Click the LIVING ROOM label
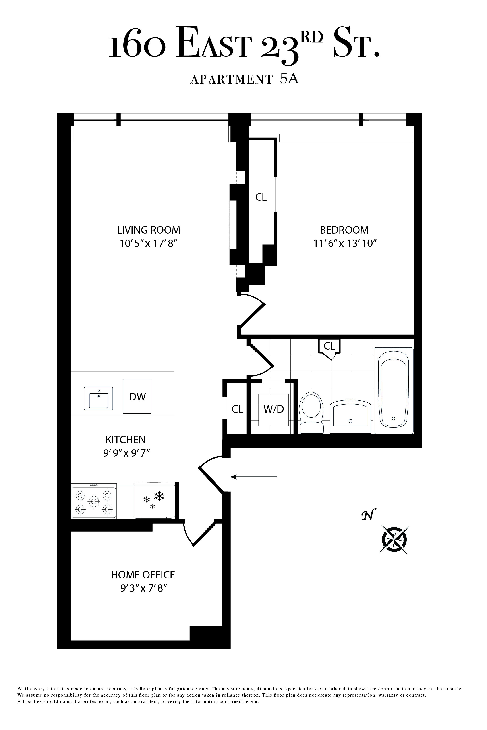point(149,230)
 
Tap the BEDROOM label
point(344,230)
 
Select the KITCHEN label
point(126,440)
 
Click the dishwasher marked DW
point(137,396)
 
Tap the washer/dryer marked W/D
point(274,409)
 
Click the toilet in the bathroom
point(311,413)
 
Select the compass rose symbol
point(394,540)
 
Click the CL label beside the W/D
point(237,409)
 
